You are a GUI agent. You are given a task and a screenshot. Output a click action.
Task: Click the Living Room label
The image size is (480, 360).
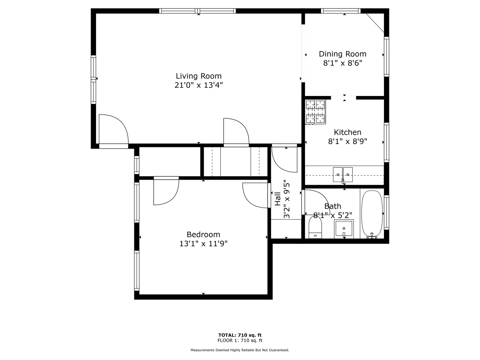[199, 76]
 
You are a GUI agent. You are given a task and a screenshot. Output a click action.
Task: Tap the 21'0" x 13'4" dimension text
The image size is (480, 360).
[199, 85]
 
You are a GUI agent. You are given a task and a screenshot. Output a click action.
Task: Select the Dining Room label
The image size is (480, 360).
[342, 54]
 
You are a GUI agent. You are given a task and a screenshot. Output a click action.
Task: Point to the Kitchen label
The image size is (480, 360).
[347, 132]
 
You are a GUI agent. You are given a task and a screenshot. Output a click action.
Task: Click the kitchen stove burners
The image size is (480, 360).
[315, 112]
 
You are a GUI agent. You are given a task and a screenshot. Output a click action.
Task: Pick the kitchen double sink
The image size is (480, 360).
[343, 175]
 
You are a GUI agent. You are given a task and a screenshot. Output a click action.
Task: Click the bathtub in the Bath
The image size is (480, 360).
[372, 214]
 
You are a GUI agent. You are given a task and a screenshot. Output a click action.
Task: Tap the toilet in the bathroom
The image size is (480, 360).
[315, 227]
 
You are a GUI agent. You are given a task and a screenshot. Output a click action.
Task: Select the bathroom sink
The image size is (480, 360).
[344, 229]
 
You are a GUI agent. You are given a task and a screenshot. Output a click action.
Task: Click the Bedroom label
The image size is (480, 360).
[203, 235]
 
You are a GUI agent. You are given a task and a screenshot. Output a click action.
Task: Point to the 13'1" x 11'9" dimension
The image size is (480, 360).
[203, 243]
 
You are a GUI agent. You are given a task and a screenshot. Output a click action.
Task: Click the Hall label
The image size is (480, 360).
[278, 199]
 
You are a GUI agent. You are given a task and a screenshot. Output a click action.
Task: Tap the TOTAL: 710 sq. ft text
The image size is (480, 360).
[240, 335]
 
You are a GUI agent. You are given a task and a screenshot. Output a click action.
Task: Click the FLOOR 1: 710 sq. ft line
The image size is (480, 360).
[240, 340]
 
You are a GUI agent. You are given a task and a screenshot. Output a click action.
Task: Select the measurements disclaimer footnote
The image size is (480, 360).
[240, 350]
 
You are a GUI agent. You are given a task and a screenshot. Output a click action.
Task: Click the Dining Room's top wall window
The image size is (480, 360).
[341, 11]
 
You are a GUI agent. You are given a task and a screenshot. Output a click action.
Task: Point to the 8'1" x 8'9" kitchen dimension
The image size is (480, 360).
[347, 141]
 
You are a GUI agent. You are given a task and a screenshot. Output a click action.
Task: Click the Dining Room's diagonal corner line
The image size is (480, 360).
[375, 23]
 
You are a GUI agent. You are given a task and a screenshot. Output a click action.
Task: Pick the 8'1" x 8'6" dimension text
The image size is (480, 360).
[343, 63]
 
